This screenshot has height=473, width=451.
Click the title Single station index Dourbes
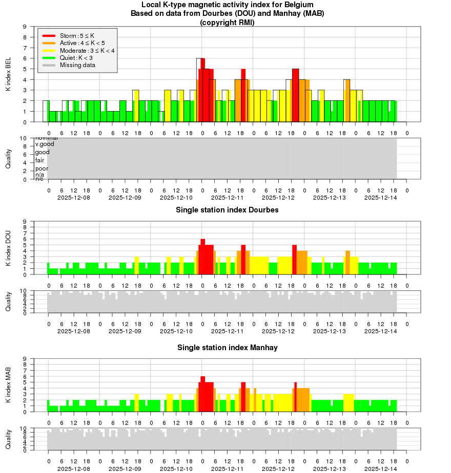227,210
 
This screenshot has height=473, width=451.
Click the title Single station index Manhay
227,348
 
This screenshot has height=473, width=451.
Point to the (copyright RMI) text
227,22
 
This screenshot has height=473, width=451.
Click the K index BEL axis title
8,74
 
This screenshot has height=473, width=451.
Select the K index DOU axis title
8,248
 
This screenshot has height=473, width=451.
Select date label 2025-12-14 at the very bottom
381,468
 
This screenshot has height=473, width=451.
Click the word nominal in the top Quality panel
46,138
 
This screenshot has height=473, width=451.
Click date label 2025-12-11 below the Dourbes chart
228,331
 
